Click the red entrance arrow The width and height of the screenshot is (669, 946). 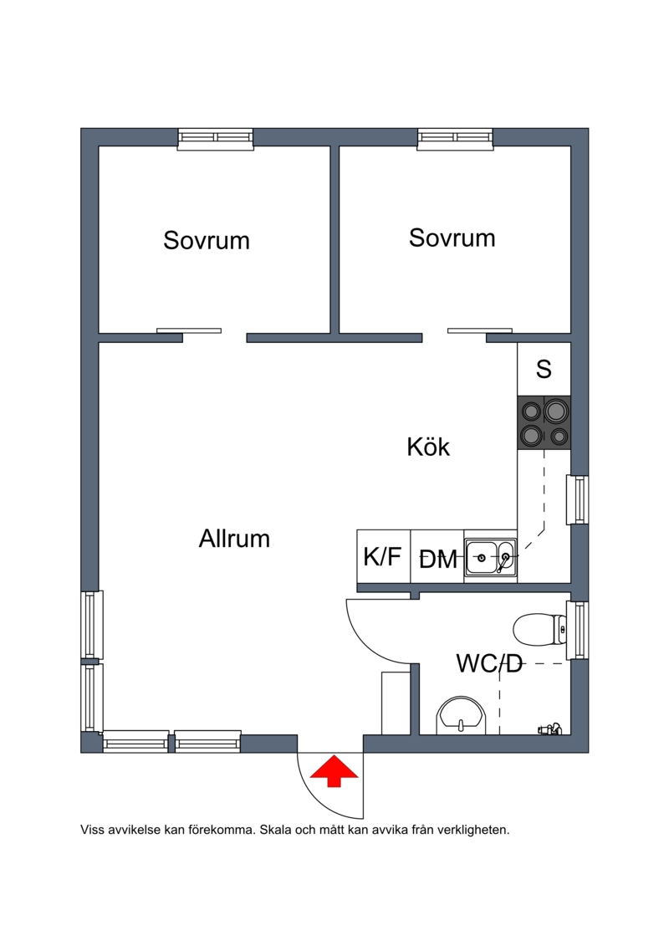(x=334, y=770)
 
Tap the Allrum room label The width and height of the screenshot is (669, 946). (x=234, y=539)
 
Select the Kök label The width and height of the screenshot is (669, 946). (x=428, y=447)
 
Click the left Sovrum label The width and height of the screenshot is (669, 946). (x=207, y=241)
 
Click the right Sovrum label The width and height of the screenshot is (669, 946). (x=452, y=238)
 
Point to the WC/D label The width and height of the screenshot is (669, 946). (x=489, y=664)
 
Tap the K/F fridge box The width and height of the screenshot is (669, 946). (x=383, y=556)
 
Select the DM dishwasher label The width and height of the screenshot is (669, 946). (x=438, y=560)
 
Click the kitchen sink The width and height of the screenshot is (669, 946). (x=490, y=557)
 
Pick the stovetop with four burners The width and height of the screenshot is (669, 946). (x=544, y=423)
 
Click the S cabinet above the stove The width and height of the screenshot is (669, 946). (x=544, y=369)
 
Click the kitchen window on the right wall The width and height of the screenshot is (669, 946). (x=578, y=499)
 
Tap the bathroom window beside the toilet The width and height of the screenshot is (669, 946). (x=578, y=629)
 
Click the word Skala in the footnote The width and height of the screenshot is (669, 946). (x=277, y=831)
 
